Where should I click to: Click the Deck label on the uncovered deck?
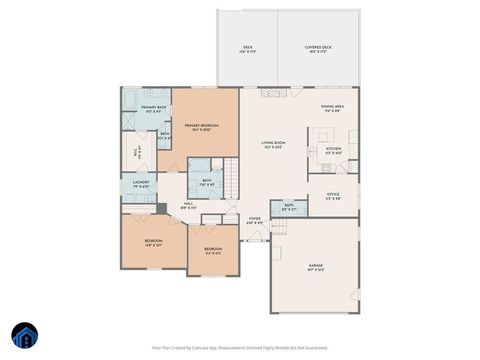point(247,48)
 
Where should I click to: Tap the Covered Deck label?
point(319,48)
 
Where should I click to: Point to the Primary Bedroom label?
point(201,126)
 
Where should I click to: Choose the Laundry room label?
point(139,185)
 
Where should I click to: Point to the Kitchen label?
point(334,151)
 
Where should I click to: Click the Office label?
point(333,198)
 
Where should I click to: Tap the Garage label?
point(315,267)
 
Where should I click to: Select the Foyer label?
point(255,221)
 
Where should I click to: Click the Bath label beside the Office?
point(288,207)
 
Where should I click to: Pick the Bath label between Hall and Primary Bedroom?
point(205,183)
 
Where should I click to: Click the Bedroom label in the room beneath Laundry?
point(153,242)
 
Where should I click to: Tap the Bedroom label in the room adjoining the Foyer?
point(213,251)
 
